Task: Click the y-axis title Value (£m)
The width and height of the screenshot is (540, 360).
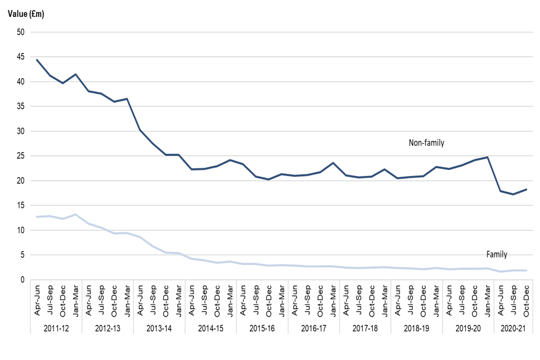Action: click(x=26, y=13)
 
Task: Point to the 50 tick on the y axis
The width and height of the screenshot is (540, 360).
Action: click(x=21, y=32)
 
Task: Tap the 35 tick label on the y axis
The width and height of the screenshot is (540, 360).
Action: click(x=21, y=106)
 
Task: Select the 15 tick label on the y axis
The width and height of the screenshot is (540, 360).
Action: click(x=21, y=205)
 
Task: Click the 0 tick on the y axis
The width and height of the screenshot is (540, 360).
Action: click(x=23, y=280)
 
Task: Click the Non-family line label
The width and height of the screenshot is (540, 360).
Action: click(x=426, y=143)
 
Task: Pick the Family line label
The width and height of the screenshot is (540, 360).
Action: click(x=497, y=255)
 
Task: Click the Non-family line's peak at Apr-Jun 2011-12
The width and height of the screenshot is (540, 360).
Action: click(x=37, y=60)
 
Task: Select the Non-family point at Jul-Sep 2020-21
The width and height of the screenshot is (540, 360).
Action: click(x=514, y=194)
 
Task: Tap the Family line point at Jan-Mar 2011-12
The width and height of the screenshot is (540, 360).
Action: click(x=75, y=214)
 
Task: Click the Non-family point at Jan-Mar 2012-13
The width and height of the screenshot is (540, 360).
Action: click(x=127, y=99)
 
